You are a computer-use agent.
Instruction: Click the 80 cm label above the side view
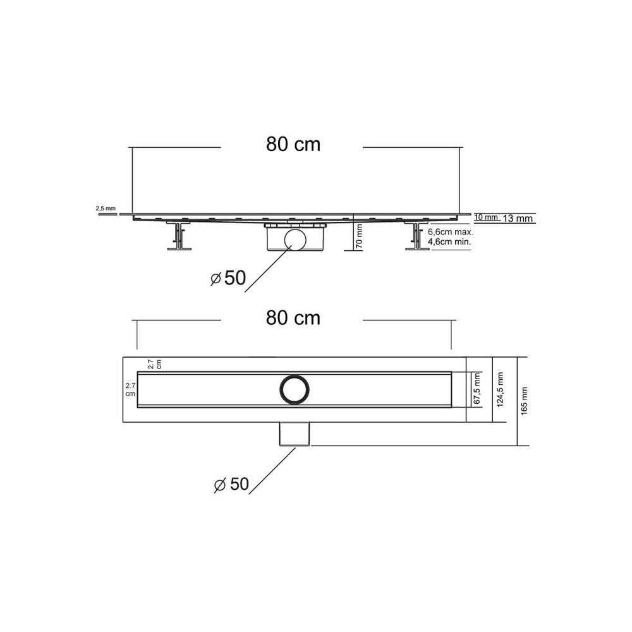pyautogui.click(x=293, y=145)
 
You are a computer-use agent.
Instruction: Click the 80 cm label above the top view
pyautogui.click(x=293, y=318)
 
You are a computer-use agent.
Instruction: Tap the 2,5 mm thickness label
pyautogui.click(x=106, y=208)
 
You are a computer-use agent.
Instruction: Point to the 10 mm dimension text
pyautogui.click(x=485, y=217)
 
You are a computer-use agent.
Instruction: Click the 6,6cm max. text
pyautogui.click(x=451, y=232)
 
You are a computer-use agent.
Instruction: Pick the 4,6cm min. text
pyautogui.click(x=451, y=241)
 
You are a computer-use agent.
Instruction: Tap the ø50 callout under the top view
pyautogui.click(x=231, y=484)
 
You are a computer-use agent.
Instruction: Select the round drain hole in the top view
pyautogui.click(x=295, y=389)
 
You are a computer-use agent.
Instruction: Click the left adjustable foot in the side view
pyautogui.click(x=179, y=237)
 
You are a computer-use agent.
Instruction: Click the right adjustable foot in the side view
pyautogui.click(x=416, y=237)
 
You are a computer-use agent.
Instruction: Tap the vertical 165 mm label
pyautogui.click(x=524, y=401)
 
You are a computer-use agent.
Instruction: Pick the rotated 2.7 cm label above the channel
pyautogui.click(x=155, y=364)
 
